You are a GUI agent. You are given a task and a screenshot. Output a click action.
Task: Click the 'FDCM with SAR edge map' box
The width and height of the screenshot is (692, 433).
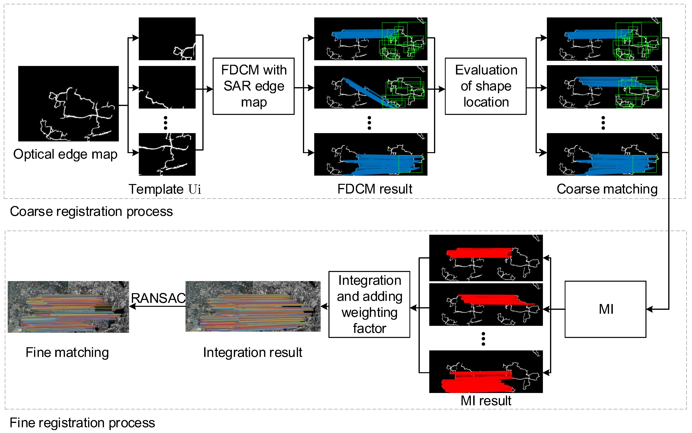coord(254,86)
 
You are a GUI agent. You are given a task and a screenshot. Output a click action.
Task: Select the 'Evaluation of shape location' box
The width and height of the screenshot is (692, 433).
coord(486,86)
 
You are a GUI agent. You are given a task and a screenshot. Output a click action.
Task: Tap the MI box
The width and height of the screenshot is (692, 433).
coord(605,309)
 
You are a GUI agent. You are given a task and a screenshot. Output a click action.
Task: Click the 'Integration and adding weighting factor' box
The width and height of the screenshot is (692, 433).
coord(369,304)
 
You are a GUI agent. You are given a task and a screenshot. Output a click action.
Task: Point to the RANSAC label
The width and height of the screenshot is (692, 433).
coord(158,298)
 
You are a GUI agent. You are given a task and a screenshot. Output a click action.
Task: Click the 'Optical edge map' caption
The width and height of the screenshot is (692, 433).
coord(65,154)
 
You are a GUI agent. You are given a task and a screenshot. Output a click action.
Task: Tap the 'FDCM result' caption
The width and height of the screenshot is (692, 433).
coord(375,189)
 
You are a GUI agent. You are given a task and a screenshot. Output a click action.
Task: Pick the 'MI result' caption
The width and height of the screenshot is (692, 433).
coord(486,400)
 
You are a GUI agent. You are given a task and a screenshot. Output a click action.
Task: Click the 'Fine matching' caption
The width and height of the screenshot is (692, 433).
coord(67,352)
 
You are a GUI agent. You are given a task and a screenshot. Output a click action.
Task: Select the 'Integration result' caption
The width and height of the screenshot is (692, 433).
coord(252,352)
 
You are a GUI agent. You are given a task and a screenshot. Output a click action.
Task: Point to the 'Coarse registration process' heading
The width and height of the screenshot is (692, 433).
coord(91,211)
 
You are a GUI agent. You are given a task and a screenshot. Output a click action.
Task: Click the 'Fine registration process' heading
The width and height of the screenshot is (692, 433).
coord(82,423)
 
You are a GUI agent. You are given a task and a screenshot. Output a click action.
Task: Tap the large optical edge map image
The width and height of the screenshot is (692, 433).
coord(68,103)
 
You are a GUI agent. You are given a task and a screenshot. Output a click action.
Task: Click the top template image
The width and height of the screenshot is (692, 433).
coord(167,39)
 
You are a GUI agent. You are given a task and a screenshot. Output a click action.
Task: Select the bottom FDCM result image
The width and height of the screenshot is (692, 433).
coord(371,154)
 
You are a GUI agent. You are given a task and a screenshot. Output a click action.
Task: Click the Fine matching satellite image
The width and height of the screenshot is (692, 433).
coord(68,307)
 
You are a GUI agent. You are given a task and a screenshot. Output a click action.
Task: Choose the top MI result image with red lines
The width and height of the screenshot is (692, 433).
coord(486,258)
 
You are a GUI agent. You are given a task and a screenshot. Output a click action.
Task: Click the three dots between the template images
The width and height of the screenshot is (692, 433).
coord(165,123)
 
